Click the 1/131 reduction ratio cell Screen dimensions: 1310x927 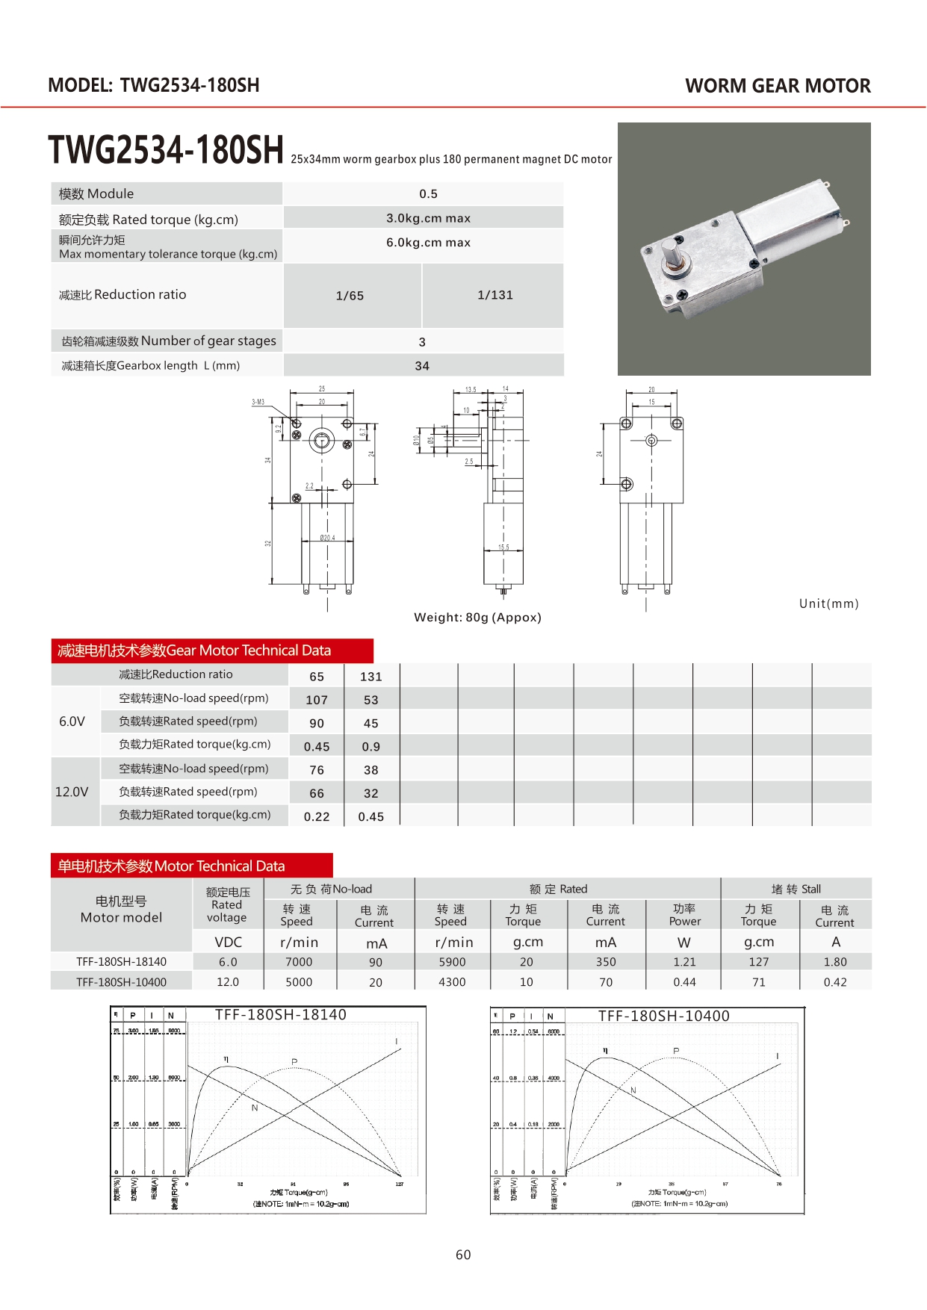tap(495, 295)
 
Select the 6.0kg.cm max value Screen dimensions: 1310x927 tap(428, 243)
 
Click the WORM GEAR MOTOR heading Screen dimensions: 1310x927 tap(778, 86)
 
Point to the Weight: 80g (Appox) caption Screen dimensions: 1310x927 tap(477, 618)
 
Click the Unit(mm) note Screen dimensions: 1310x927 tap(828, 603)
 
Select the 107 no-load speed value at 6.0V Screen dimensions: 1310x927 tap(317, 700)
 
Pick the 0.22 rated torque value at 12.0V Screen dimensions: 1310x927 tap(317, 816)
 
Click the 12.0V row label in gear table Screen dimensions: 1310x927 tap(72, 792)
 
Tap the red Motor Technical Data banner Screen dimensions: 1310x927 tap(191, 866)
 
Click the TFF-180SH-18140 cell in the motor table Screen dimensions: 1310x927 tap(121, 962)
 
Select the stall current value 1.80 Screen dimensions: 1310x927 tap(835, 962)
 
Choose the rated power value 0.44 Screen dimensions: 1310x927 tap(684, 982)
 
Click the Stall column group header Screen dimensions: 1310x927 tap(796, 889)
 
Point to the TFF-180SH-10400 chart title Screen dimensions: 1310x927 tap(663, 1016)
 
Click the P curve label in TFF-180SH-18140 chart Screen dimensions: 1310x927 tap(294, 1061)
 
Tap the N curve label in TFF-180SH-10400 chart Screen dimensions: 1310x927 tap(633, 1090)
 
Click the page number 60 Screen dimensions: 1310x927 tap(463, 1255)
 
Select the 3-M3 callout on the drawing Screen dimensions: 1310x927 tap(258, 402)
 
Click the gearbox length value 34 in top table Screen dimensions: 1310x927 tap(422, 366)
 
